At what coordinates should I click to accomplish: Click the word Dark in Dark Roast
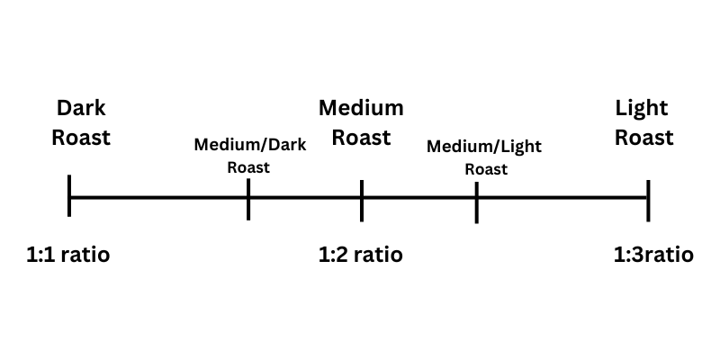pos(81,109)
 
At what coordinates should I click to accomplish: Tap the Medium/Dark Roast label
pos(248,155)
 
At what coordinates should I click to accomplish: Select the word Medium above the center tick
pos(361,109)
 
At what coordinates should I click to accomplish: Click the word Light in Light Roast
pos(642,109)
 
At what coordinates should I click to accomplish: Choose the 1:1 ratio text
pos(68,255)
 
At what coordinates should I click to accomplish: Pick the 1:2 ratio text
pos(361,255)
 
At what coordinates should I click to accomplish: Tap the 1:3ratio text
pos(653,255)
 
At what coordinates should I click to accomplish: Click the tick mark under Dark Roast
pos(69,197)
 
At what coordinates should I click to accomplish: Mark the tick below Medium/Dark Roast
pos(248,199)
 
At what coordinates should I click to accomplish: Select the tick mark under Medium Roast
pos(362,200)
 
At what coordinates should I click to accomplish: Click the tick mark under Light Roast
pos(648,198)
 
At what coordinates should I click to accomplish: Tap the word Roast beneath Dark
pos(81,138)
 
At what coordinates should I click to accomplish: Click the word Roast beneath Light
pos(643,138)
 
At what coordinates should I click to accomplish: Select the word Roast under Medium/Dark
pos(248,166)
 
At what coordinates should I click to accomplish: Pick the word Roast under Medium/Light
pos(485,168)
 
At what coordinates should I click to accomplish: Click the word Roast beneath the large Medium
pos(361,138)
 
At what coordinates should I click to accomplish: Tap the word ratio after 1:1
pos(85,255)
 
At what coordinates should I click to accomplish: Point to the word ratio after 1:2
pos(378,255)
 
